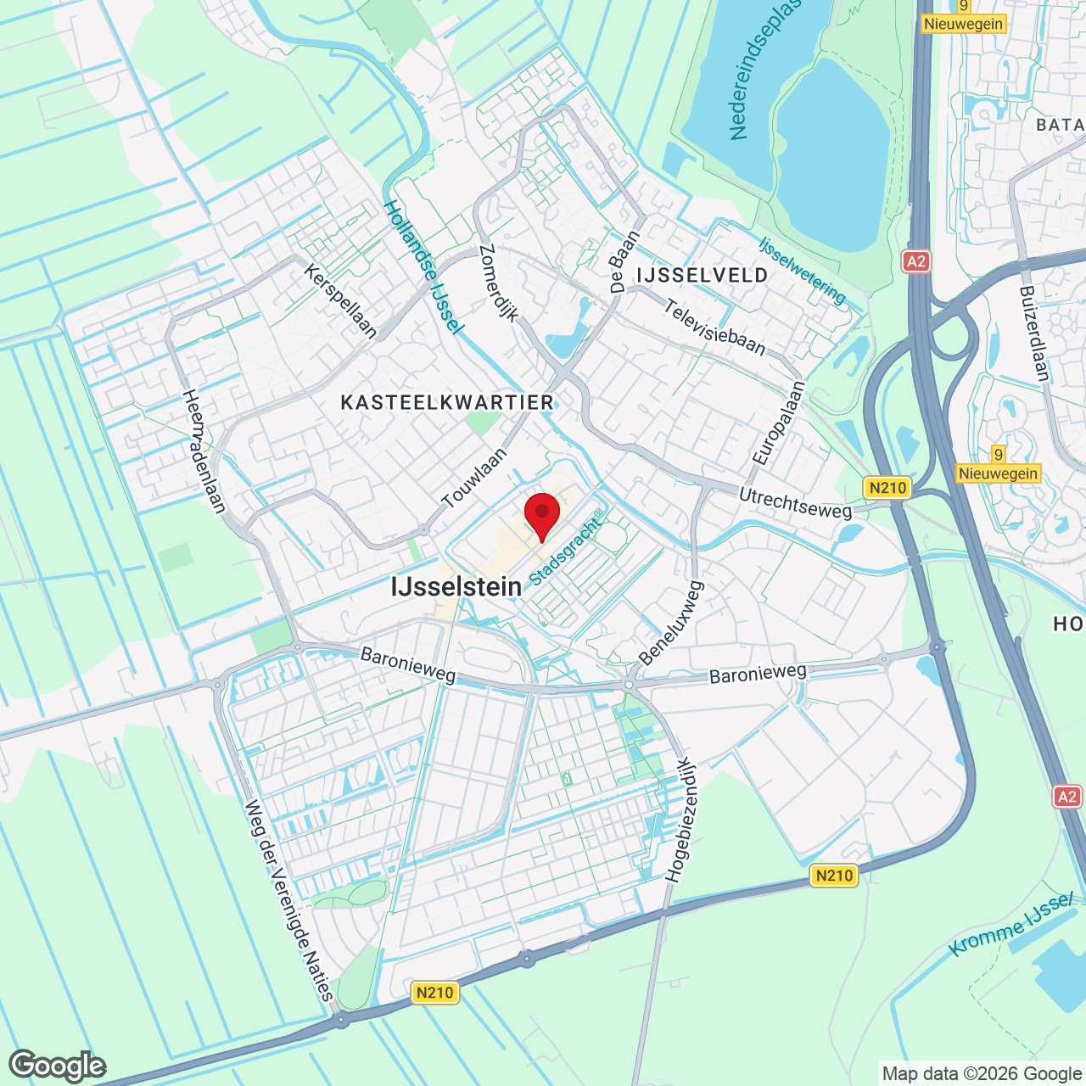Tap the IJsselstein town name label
pyautogui.click(x=456, y=586)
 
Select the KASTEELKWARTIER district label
pyautogui.click(x=447, y=402)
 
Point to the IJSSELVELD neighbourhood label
pyautogui.click(x=703, y=275)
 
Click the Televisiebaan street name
pyautogui.click(x=715, y=327)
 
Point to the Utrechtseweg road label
pyautogui.click(x=795, y=502)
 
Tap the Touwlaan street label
pyautogui.click(x=474, y=478)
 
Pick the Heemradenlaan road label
pyautogui.click(x=204, y=451)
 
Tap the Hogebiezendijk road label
pyautogui.click(x=680, y=820)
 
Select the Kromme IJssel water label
pyautogui.click(x=1011, y=925)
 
